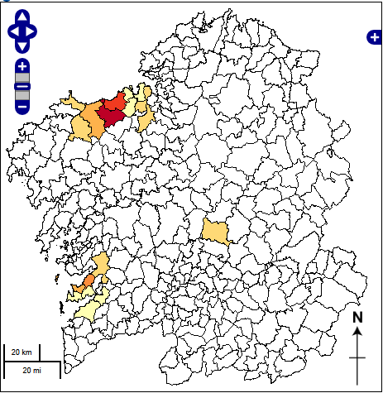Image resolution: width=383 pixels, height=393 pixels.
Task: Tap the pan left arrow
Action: coord(12,31)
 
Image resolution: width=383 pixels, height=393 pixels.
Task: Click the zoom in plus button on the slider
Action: coord(22,66)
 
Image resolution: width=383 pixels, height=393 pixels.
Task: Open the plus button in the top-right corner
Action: coord(373,37)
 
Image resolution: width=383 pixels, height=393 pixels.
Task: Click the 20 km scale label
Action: coord(22,353)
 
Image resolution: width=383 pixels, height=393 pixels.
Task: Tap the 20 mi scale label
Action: coord(31,369)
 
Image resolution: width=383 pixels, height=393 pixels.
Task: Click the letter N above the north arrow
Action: coord(357,317)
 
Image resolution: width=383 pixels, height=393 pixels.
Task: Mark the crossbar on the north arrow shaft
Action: coord(357,357)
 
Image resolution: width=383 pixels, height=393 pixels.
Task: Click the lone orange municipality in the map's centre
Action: coord(215,231)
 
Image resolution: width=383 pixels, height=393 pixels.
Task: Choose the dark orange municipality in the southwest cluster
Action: coord(86,283)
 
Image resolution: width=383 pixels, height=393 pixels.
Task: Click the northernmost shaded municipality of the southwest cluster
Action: coord(102,263)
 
